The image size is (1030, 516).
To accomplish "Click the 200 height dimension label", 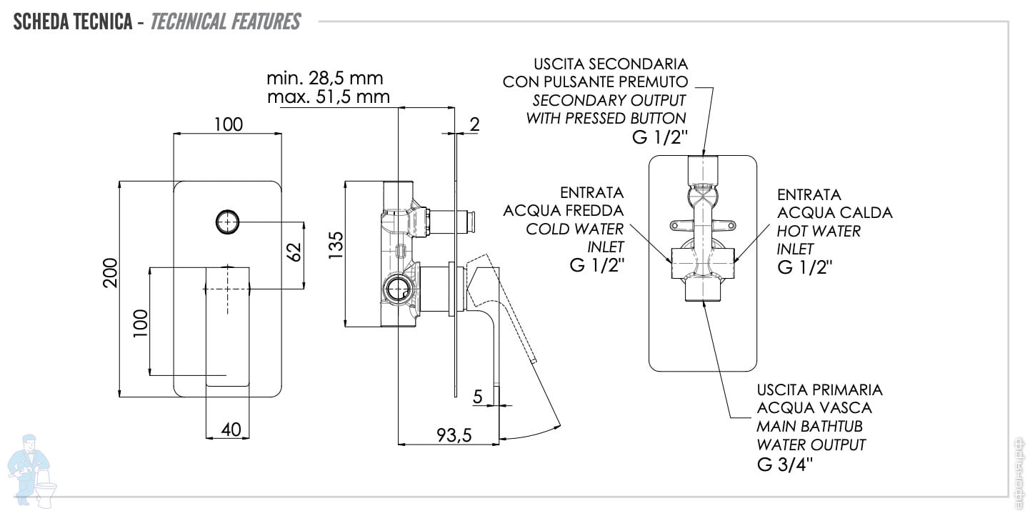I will coord(110,272).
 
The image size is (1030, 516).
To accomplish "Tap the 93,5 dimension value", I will coord(454,435).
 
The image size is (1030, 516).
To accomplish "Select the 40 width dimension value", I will coord(230,430).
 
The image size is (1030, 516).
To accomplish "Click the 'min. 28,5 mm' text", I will coord(324,77).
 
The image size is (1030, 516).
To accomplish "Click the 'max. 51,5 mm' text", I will coord(328,96).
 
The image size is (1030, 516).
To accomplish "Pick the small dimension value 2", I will coord(474,124).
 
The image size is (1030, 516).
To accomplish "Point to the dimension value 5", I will coord(478,395).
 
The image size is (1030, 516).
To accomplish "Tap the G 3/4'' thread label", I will coord(784,465).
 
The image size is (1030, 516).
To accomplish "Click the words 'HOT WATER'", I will coord(819,231).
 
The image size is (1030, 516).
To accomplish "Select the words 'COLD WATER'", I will coord(575,229).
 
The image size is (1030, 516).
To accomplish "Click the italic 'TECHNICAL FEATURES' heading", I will coord(226,21).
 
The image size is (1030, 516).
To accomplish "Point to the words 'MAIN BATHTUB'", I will coord(809,427).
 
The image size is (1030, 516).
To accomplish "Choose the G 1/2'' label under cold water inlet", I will coord(597,266).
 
